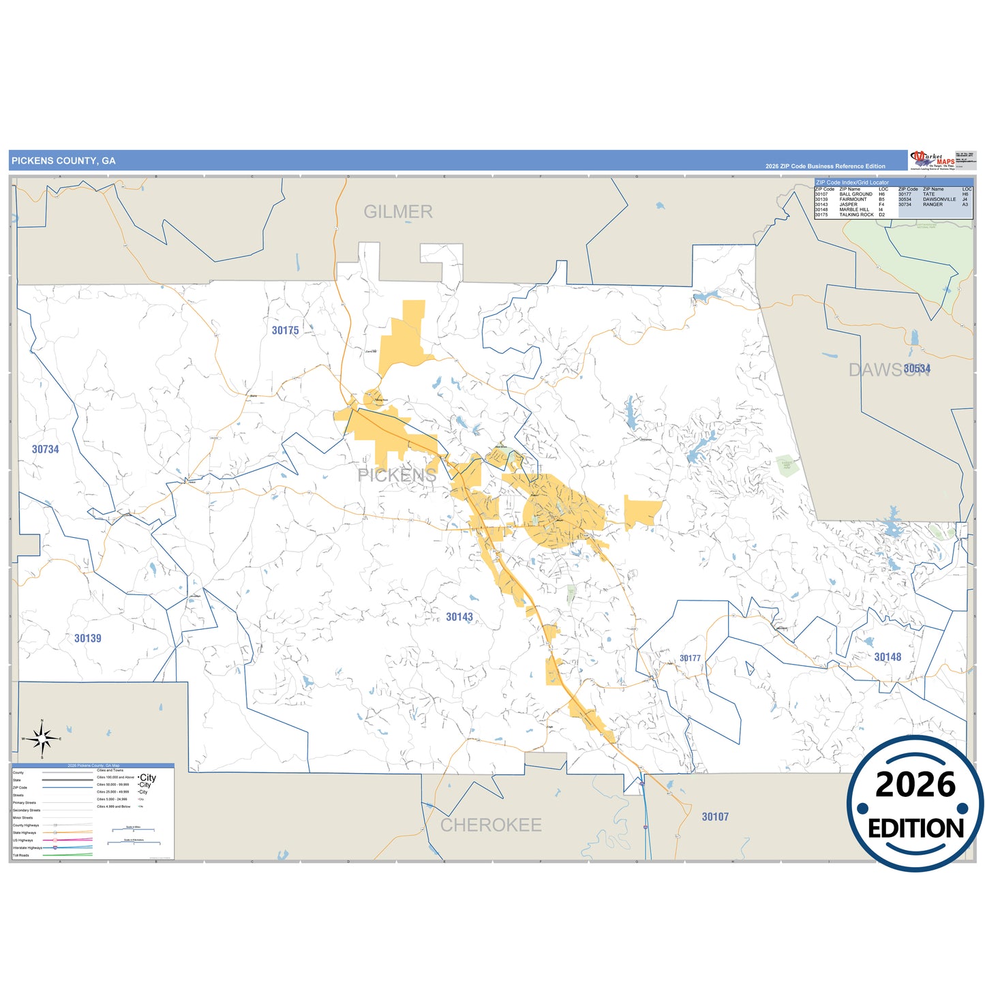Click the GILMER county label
(398, 212)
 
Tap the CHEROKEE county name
(491, 825)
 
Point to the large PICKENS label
(397, 475)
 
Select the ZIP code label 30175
(285, 331)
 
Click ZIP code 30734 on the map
(46, 449)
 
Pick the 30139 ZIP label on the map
(88, 639)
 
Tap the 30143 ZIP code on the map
(459, 617)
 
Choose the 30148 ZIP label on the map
(888, 657)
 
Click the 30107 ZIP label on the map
(715, 817)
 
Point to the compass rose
(42, 738)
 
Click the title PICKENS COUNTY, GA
(63, 161)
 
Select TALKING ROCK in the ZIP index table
(856, 215)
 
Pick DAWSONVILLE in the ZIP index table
(939, 200)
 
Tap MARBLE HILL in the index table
(854, 210)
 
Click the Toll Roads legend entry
(21, 855)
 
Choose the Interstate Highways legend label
(27, 847)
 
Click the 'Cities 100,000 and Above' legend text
(115, 777)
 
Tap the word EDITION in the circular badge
(915, 828)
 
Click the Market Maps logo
(932, 160)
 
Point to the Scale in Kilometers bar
(134, 843)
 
